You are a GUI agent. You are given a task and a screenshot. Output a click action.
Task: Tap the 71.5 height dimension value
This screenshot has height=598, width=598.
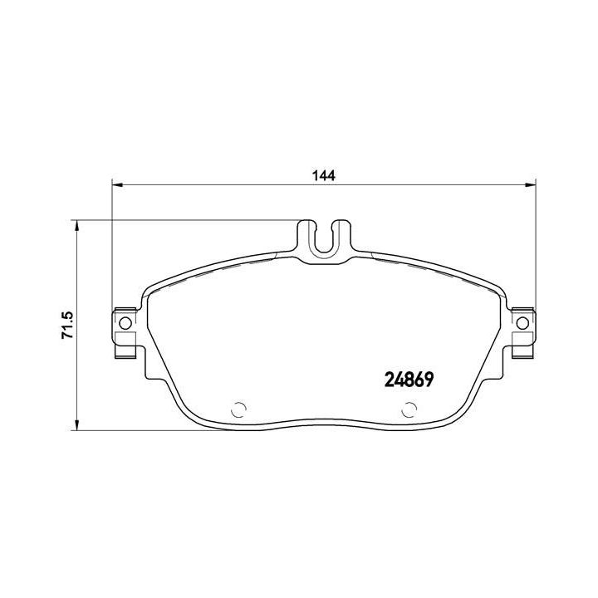click(x=69, y=326)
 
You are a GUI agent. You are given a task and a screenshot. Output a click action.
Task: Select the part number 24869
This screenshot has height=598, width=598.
click(x=409, y=379)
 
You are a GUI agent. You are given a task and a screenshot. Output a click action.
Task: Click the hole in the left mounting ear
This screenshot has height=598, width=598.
click(x=125, y=323)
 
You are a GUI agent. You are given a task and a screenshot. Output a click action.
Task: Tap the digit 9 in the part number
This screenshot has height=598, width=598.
click(x=430, y=379)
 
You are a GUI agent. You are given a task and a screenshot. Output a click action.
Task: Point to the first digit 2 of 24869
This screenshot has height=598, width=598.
click(x=388, y=379)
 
